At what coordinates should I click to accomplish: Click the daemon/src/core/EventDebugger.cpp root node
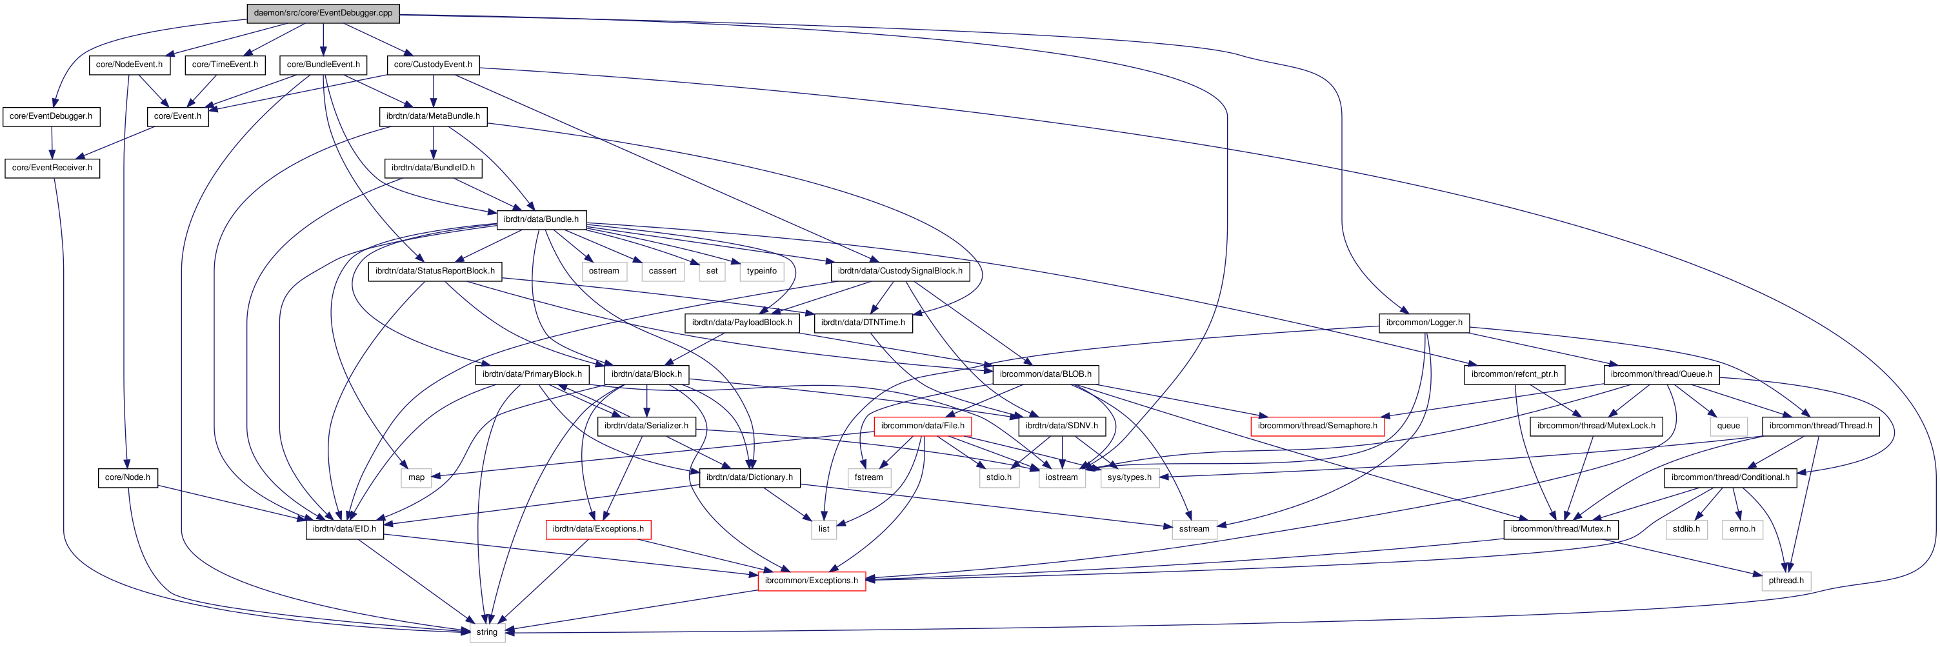(x=323, y=13)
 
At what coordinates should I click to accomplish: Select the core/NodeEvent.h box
(x=129, y=65)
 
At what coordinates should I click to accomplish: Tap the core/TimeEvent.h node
(x=225, y=65)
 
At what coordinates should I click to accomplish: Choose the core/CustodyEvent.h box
(x=432, y=65)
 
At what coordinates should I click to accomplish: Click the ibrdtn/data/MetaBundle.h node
(x=432, y=116)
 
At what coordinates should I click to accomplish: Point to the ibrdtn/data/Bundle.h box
(x=541, y=219)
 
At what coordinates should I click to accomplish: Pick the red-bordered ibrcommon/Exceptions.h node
(x=810, y=581)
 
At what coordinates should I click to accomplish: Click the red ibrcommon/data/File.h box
(x=922, y=426)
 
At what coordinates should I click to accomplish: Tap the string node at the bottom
(x=486, y=632)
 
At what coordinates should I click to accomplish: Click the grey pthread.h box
(x=1786, y=581)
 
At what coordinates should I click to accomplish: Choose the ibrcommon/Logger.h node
(x=1423, y=323)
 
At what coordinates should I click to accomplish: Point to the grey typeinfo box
(x=761, y=271)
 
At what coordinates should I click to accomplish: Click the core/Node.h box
(x=127, y=477)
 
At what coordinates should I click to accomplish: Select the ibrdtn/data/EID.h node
(x=344, y=529)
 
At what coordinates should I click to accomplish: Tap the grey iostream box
(x=1061, y=477)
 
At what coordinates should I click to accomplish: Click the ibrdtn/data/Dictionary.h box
(x=748, y=477)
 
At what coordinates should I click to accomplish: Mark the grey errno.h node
(x=1742, y=529)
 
